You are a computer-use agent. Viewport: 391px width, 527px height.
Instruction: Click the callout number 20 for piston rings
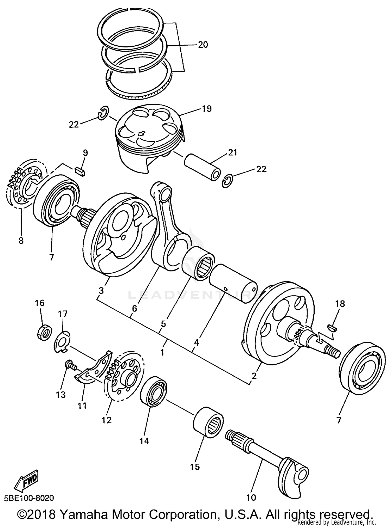coord(203,45)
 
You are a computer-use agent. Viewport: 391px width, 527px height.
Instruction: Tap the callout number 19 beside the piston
coord(207,109)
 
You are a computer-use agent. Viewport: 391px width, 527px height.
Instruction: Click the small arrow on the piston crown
coord(141,134)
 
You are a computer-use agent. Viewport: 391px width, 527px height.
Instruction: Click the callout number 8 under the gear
coord(21,240)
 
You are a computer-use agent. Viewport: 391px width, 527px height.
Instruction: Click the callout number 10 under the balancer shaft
coord(251,497)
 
